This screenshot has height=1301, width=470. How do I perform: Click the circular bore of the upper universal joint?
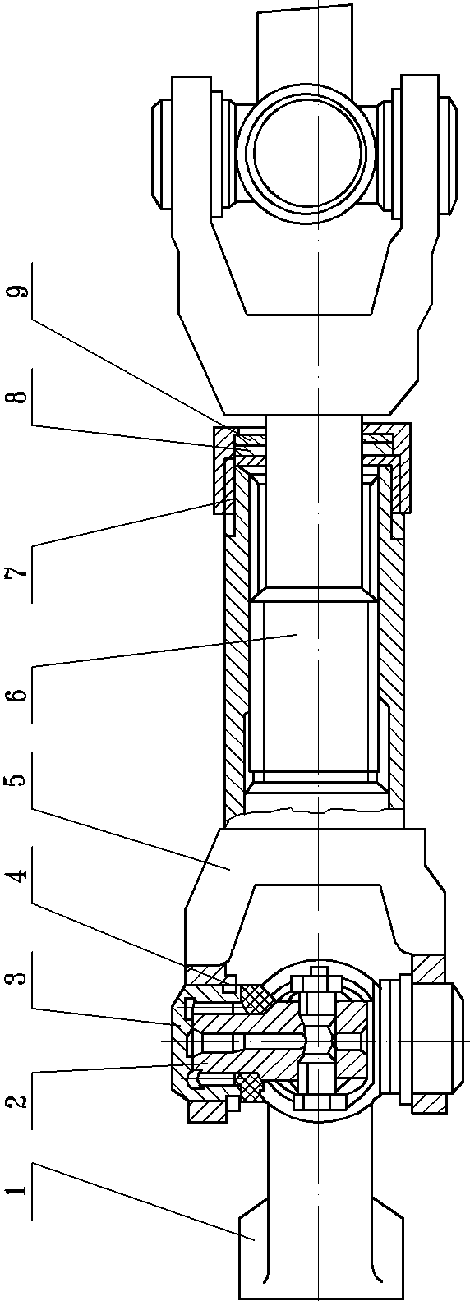308,153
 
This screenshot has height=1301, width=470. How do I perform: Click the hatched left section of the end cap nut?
224,467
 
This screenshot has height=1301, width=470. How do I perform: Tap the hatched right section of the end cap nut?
401,467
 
